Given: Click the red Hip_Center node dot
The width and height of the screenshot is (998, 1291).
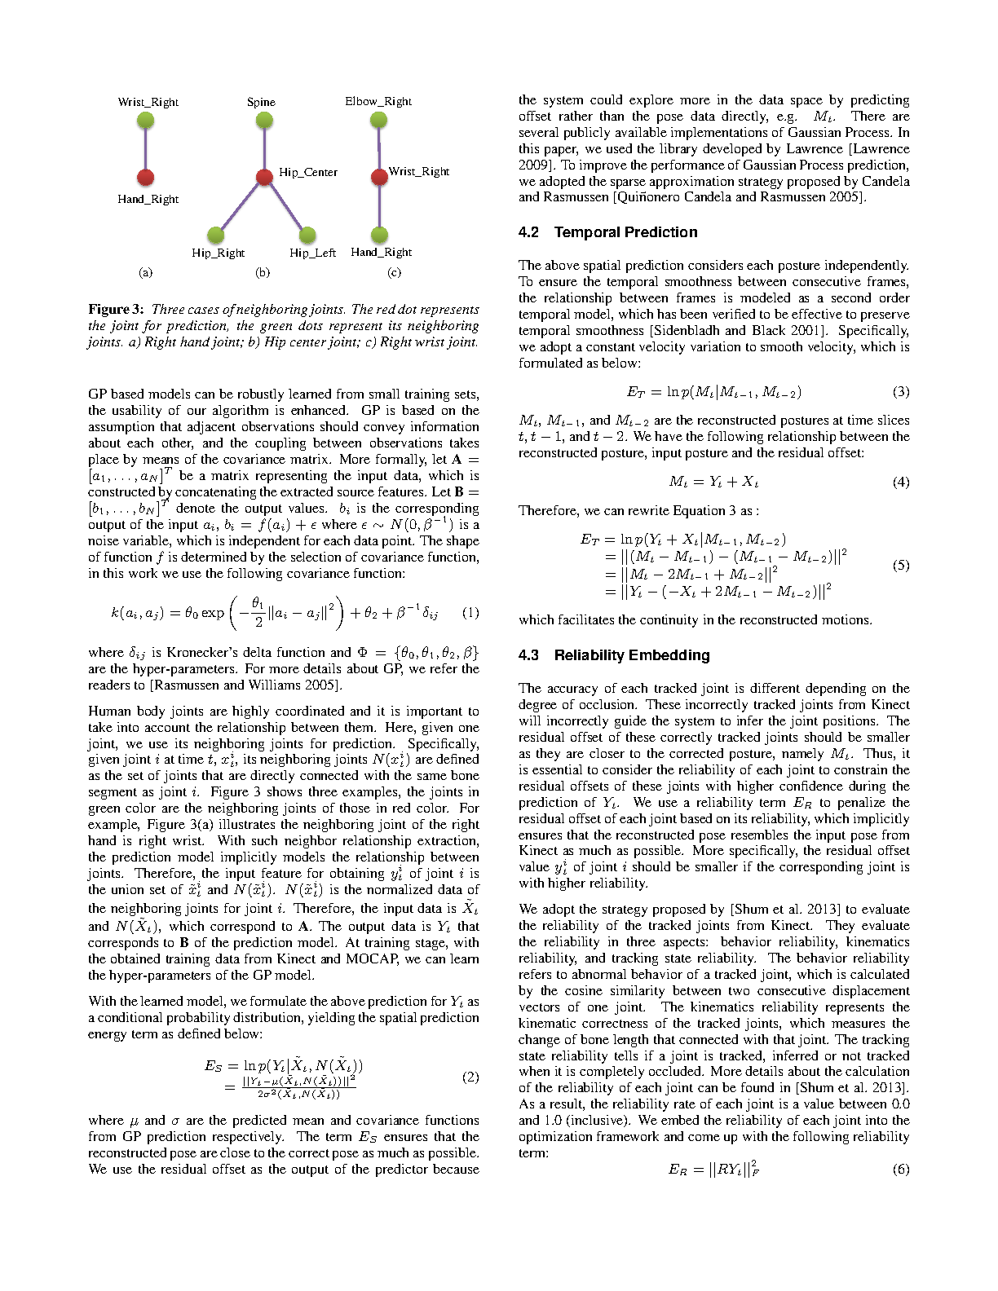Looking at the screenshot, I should [264, 177].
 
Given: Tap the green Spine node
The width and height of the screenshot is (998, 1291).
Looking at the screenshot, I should [264, 121].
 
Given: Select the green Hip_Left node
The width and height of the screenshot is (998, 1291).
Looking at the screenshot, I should [307, 235].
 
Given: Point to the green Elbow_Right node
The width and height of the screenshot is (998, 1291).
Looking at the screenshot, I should [378, 121].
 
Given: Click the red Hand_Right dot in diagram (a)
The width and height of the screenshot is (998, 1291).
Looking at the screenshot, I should [146, 177].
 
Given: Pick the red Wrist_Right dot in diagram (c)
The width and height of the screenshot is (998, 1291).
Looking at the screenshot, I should [379, 177].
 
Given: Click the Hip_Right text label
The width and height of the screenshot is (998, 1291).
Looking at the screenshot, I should [218, 253].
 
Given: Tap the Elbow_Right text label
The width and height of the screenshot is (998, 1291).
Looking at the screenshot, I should [378, 102].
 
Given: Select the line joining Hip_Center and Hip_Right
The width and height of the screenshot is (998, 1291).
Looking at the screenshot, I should [240, 206].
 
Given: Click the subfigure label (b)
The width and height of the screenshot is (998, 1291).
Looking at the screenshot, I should [263, 272].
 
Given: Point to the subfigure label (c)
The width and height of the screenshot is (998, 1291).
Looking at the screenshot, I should [394, 272].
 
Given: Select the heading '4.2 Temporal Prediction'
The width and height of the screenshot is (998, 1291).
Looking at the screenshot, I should [607, 232].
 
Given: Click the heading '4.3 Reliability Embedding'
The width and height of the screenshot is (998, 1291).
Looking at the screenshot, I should [614, 655].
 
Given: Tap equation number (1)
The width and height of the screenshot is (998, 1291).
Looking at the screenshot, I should [470, 612].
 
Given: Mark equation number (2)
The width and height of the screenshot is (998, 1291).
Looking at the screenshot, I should [470, 1077].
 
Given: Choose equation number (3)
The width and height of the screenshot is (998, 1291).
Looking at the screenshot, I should [900, 392].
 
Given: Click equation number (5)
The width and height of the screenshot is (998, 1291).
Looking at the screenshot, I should [900, 565].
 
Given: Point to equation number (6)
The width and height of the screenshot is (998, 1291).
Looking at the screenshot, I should [900, 1170].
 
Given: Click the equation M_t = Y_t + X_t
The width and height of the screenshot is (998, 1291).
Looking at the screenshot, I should [713, 482].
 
